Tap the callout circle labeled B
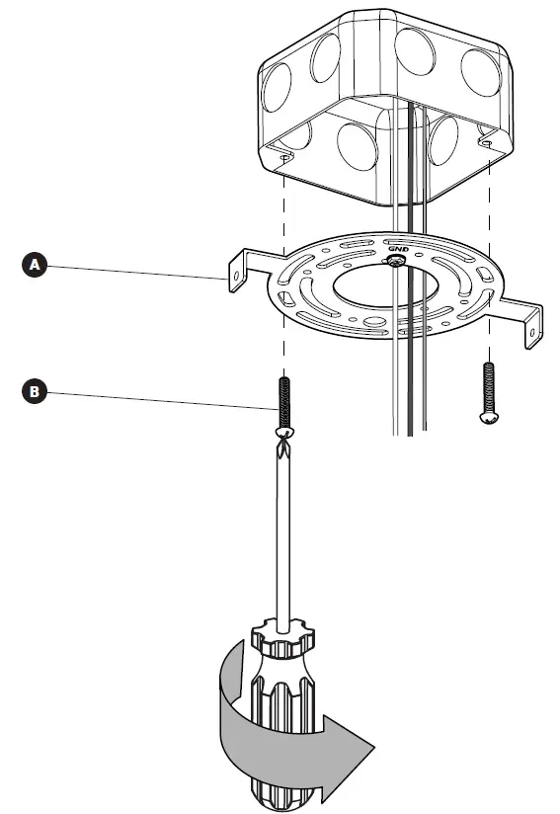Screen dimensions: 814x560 click(x=36, y=391)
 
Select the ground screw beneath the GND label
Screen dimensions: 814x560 click(x=394, y=261)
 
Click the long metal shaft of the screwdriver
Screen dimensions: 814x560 click(x=283, y=533)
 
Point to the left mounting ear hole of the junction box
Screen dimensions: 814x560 click(x=285, y=158)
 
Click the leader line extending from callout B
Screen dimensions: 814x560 click(x=158, y=398)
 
